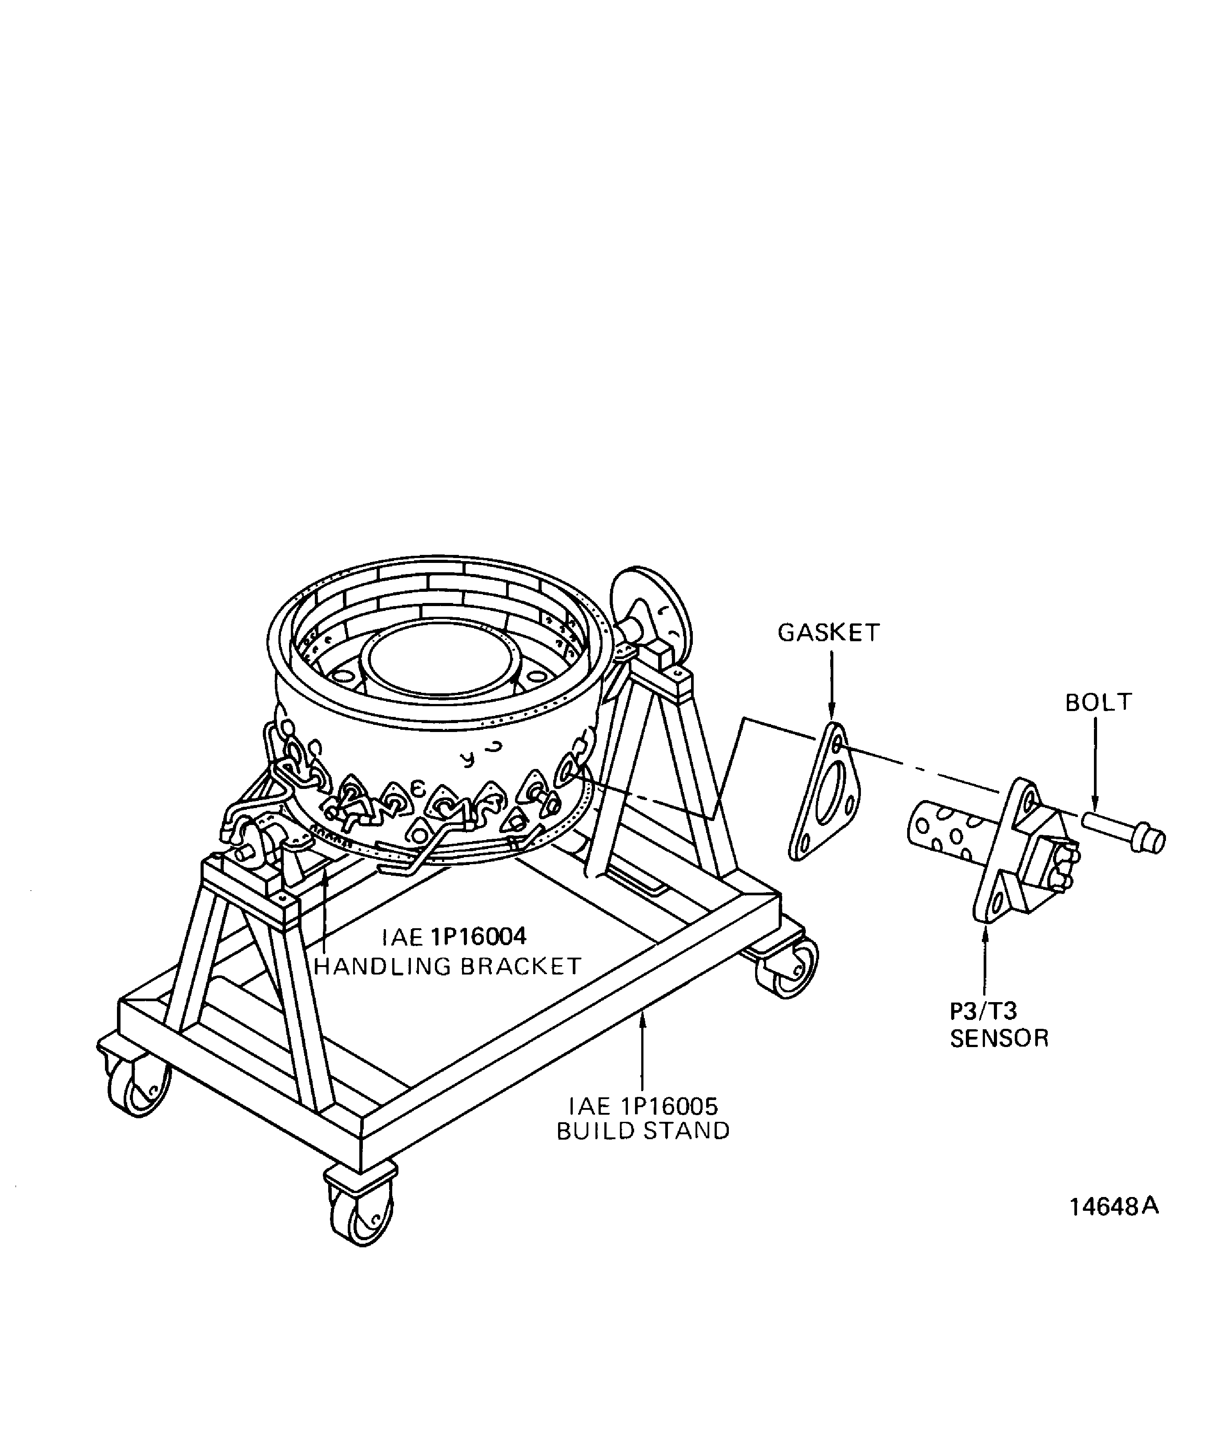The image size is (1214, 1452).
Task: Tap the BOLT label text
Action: [1098, 703]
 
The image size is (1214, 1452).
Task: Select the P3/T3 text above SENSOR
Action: [983, 1011]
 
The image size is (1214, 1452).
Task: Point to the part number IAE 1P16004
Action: [454, 937]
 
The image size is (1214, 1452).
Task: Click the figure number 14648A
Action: [1114, 1206]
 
